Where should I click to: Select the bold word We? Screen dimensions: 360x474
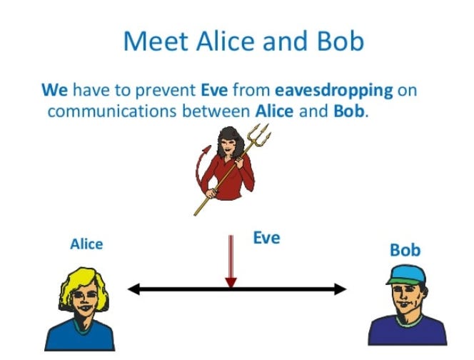pos(54,91)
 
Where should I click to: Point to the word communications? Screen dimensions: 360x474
pos(105,112)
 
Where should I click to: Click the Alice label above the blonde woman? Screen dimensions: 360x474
pos(86,244)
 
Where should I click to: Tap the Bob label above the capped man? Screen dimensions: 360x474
pos(405,251)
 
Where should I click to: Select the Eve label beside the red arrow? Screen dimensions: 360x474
pos(266,238)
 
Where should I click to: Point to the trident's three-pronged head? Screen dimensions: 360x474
pos(260,134)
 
